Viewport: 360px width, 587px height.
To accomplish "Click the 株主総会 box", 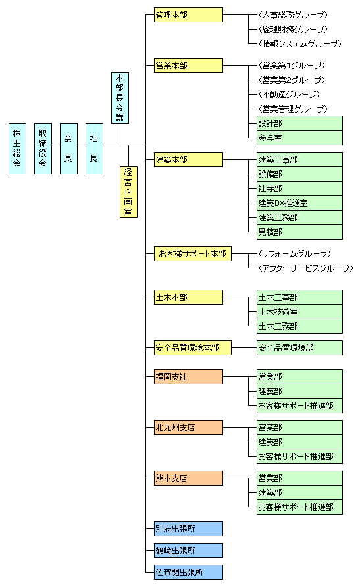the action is coord(17,149).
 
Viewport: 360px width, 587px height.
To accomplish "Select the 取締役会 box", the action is coord(43,149).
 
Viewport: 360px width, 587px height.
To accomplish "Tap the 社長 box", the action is coord(94,149).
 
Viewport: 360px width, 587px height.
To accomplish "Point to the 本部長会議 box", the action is coord(120,98).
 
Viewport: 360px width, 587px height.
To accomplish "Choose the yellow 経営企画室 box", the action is coord(128,192).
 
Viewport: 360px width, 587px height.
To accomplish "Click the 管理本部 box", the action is coord(188,15).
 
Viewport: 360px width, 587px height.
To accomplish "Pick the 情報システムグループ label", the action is coord(300,44).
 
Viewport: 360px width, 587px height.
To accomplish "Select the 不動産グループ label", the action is coord(290,95).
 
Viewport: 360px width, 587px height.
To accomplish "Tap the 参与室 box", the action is coord(299,138).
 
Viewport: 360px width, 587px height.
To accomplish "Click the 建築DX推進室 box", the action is coord(299,203).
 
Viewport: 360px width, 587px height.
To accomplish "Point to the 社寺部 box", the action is coord(299,189).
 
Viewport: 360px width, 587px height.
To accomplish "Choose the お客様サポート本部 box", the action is coord(193,254).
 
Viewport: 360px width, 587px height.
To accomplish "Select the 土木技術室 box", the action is coord(299,311).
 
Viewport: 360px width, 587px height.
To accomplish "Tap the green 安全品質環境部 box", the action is coord(299,347).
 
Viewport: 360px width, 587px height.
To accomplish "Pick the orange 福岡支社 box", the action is coord(188,376).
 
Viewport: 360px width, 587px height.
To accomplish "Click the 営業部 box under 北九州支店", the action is coord(299,428).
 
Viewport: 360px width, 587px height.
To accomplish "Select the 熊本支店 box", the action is coord(188,478).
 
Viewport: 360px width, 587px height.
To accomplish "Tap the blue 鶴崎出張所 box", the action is coord(188,551).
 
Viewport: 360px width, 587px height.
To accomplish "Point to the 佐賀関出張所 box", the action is coord(188,573).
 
